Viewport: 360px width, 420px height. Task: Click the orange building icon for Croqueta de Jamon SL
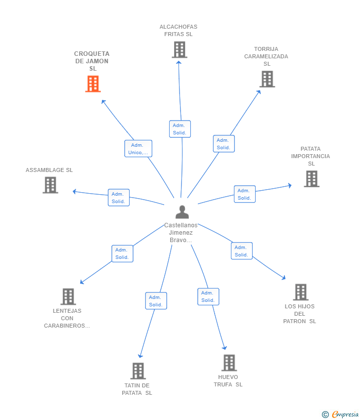click(x=93, y=84)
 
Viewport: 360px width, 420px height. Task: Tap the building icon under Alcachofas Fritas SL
click(x=180, y=50)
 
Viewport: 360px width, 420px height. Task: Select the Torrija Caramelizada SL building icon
click(x=267, y=79)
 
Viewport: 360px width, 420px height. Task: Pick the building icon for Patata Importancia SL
click(x=312, y=179)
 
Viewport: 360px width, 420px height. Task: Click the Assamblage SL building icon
click(x=50, y=185)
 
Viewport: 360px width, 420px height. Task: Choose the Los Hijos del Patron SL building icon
click(x=301, y=292)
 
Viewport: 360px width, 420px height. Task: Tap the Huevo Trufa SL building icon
click(x=229, y=363)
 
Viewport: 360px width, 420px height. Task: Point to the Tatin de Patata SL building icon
click(x=138, y=371)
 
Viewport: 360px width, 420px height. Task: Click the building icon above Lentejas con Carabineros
click(x=68, y=296)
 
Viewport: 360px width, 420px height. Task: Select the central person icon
click(x=182, y=212)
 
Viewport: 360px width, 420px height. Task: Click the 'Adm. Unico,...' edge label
click(x=138, y=149)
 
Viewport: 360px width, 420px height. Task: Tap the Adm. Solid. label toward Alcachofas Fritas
click(x=180, y=129)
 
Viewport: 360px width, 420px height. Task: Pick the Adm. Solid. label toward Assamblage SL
click(x=119, y=198)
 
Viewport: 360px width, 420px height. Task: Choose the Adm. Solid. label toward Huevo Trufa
click(x=208, y=296)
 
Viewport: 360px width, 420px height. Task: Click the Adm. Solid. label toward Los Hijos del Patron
click(x=241, y=251)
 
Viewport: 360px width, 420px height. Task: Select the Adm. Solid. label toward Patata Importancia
click(x=244, y=194)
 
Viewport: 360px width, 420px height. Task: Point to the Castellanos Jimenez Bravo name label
click(x=180, y=232)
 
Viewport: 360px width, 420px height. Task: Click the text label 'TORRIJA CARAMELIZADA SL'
click(x=266, y=56)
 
